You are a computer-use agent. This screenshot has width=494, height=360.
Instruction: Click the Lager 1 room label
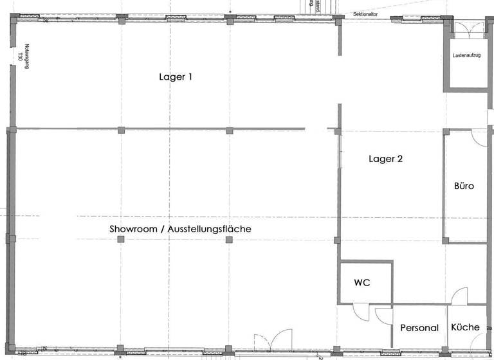[176, 76]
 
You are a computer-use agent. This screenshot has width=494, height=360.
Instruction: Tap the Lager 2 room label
[386, 158]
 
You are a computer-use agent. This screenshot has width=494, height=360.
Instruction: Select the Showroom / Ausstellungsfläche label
[180, 229]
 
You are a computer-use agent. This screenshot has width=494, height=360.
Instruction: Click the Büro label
[464, 186]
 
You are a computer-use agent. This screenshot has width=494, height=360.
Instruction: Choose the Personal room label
[419, 328]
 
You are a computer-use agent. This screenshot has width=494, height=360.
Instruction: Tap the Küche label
[465, 327]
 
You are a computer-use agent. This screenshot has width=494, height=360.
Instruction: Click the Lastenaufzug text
[466, 56]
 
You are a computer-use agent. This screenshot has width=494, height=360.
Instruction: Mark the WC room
[365, 292]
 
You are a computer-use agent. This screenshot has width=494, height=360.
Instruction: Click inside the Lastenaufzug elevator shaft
[466, 71]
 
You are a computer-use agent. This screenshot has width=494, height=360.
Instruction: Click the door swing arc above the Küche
[459, 297]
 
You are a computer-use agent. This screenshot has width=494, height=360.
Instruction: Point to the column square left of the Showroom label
[121, 239]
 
